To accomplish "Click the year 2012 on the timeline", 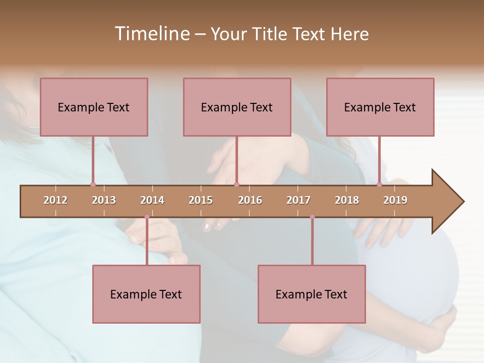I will [55, 200].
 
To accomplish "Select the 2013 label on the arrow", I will [104, 200].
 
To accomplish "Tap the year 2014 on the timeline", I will [152, 200].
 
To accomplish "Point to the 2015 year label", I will [201, 200].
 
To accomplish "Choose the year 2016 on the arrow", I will [250, 200].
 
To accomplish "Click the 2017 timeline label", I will [298, 200].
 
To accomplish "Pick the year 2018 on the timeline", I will [347, 200].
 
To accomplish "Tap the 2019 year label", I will [395, 200].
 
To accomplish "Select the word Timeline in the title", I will [151, 34].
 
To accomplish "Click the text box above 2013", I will [94, 107].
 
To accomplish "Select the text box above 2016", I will [237, 107].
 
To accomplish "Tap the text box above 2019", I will [380, 107].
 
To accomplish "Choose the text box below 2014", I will [146, 294].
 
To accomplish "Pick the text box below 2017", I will [312, 294].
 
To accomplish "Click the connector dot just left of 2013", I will [93, 185].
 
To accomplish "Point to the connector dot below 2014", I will [147, 217].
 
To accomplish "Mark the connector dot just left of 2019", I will [379, 185].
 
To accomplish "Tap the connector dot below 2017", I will [312, 217].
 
